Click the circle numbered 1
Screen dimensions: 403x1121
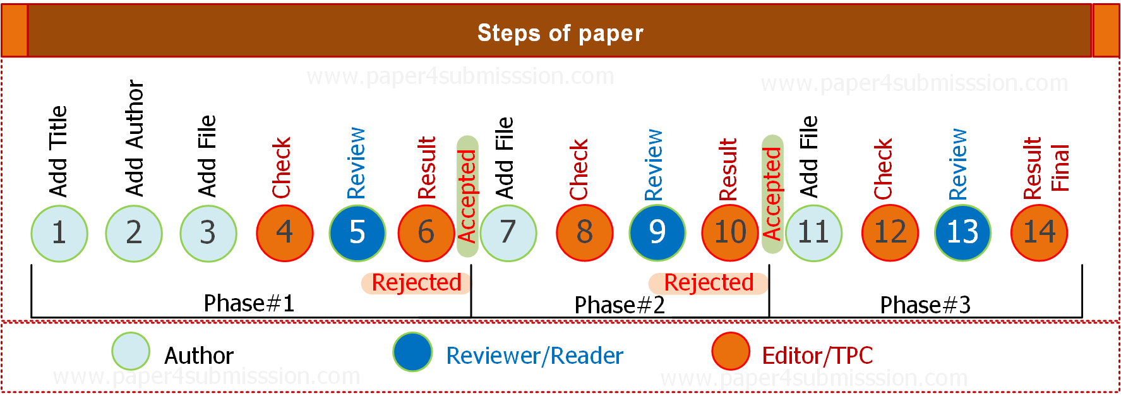click(59, 233)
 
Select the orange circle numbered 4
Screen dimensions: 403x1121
click(285, 233)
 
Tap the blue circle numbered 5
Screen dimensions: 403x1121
click(357, 233)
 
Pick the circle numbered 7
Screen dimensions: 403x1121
click(508, 233)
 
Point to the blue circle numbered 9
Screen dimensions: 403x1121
click(657, 233)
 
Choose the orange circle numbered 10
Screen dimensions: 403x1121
click(730, 233)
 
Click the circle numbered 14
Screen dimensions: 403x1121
click(1040, 233)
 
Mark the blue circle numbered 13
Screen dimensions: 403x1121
click(962, 233)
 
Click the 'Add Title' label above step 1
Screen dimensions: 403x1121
click(58, 152)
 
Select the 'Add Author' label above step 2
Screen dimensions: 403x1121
click(135, 138)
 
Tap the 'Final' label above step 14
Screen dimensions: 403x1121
click(1060, 168)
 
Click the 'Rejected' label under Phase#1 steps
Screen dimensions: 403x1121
click(416, 283)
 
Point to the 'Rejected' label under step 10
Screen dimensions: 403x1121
click(709, 283)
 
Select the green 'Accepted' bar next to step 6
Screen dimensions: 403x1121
click(467, 196)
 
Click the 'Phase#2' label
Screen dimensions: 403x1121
click(620, 305)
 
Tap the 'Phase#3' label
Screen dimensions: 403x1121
click(925, 305)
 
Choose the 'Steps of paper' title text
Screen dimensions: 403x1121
click(560, 33)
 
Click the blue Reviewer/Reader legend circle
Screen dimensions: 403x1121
click(412, 352)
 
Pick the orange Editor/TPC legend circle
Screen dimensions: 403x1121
click(731, 351)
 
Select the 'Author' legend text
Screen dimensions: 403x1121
click(199, 356)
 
